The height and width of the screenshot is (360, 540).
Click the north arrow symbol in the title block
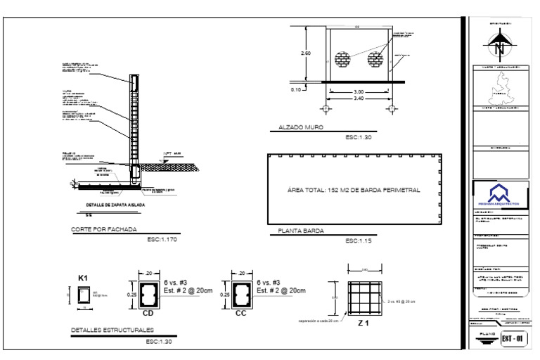pos(500,46)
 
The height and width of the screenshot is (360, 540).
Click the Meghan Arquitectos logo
pos(499,192)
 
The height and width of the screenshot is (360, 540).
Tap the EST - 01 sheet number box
pos(513,339)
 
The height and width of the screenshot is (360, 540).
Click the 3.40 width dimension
pos(358,98)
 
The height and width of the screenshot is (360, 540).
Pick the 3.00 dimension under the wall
pos(358,91)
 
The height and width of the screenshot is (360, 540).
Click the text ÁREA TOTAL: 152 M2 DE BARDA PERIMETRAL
pos(354,190)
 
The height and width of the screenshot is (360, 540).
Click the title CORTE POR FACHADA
pos(104,229)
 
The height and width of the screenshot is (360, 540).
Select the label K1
pos(82,278)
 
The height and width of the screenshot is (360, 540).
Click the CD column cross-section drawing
pos(148,295)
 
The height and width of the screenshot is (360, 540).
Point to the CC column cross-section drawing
pos(241,295)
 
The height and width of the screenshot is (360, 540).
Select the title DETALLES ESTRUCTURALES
pos(112,330)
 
